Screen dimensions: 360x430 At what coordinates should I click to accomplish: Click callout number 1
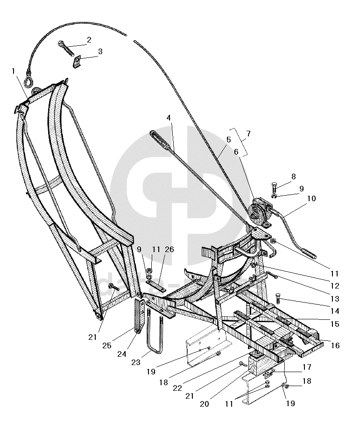tap(14, 71)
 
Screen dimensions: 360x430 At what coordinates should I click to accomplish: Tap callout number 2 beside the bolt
tap(89, 40)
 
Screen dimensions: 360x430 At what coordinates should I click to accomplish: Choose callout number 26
tap(169, 250)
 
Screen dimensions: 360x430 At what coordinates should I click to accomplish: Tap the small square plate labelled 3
tap(78, 61)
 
